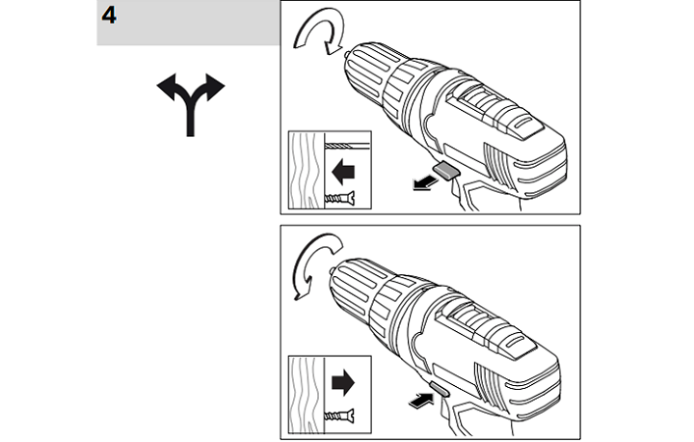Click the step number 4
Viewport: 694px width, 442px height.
click(x=109, y=16)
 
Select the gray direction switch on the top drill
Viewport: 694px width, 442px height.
click(x=446, y=170)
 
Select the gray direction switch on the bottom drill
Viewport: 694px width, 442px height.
click(x=440, y=389)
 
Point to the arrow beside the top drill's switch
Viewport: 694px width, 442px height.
click(x=425, y=182)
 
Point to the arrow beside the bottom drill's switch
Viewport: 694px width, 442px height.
click(x=420, y=401)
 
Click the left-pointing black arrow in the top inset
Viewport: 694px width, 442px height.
click(x=343, y=172)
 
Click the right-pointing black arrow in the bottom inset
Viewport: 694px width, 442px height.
click(x=343, y=382)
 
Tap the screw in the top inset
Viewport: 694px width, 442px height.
click(x=339, y=198)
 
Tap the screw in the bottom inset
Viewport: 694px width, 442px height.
click(x=339, y=416)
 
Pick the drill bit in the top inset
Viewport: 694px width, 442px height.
click(x=347, y=146)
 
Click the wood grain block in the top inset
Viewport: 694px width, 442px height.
click(x=307, y=170)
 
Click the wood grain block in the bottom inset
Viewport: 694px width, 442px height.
click(x=307, y=395)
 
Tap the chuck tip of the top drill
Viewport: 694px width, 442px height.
click(x=347, y=54)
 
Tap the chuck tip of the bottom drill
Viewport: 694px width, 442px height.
click(x=332, y=270)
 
